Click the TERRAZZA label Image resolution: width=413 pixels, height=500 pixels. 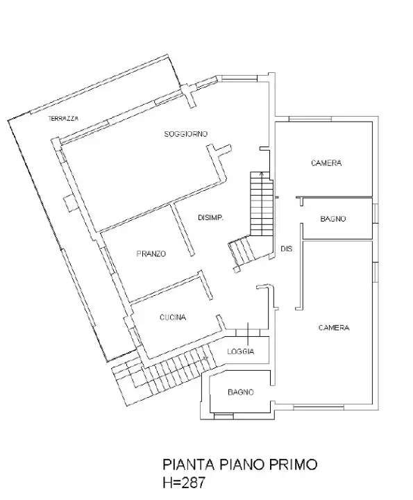coord(62,119)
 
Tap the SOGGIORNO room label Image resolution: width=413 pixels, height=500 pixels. coord(187,133)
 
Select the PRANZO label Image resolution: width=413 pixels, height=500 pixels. coord(151,254)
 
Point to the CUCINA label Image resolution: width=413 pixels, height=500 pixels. coord(172,317)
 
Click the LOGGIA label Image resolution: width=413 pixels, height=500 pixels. coord(241,351)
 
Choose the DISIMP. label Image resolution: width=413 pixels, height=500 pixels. coord(210,217)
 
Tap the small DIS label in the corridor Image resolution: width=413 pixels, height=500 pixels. coord(286,249)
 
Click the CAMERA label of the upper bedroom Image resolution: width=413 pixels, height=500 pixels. coord(326,163)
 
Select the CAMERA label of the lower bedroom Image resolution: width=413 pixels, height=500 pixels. coord(334,328)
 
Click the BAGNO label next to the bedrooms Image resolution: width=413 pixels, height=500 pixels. coord(333,219)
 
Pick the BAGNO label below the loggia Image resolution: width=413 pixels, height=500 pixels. coord(241,392)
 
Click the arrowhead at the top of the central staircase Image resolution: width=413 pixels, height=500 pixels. coord(261,173)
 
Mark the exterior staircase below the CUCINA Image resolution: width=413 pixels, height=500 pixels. coord(167,372)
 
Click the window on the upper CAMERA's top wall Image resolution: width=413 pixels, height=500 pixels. coord(305,119)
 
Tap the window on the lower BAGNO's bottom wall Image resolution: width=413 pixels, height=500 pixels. coord(224,415)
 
